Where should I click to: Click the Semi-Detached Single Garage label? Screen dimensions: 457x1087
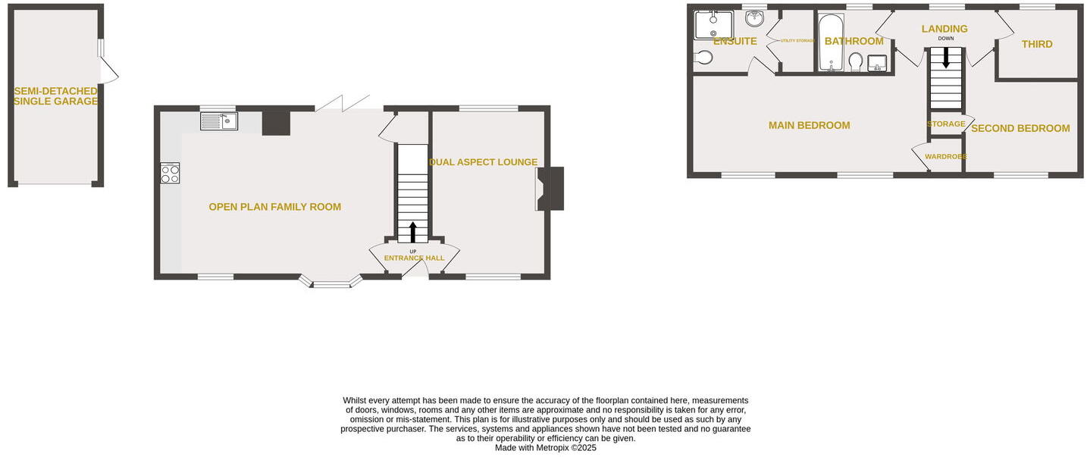point(55,96)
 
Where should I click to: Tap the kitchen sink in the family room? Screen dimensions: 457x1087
point(218,121)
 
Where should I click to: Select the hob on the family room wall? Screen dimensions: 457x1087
point(170,174)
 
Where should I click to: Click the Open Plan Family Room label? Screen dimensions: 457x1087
point(274,207)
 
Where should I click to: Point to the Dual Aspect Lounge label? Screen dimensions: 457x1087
point(484,162)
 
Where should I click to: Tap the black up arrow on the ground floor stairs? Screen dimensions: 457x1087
point(412,231)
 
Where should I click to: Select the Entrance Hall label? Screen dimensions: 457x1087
point(414,258)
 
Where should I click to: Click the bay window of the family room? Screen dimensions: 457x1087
point(331,283)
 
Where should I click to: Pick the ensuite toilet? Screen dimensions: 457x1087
point(703,57)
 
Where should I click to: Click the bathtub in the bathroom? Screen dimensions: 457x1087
point(831,42)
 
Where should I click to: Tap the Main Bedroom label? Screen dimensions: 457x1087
point(809,125)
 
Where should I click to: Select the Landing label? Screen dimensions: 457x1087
point(944,29)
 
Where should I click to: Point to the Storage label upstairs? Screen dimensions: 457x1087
point(946,124)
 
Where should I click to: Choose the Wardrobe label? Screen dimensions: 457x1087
point(945,157)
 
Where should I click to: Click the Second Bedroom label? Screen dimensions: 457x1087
point(1020,128)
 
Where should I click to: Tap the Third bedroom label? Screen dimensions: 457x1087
point(1037,44)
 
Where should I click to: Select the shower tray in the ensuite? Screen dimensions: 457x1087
point(713,24)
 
